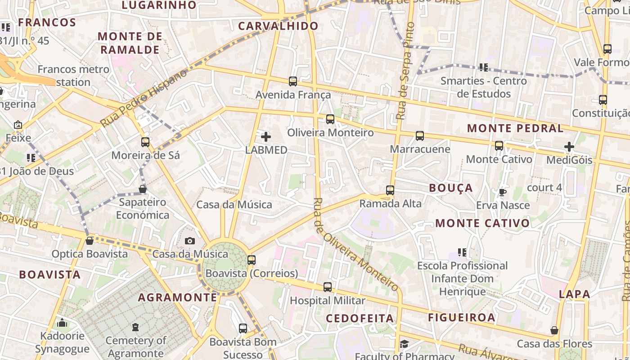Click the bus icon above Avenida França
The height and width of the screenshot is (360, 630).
293,81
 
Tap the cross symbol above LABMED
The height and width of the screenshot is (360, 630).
266,136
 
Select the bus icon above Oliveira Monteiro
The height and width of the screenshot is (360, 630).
330,119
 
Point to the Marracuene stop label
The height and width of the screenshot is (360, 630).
420,149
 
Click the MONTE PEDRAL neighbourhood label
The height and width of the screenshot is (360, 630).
515,128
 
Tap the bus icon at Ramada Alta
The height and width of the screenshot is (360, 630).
390,190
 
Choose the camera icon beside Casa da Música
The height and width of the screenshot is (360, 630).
190,241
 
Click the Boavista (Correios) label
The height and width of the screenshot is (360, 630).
252,273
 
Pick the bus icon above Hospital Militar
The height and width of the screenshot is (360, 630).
328,287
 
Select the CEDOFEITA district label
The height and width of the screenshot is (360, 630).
360,318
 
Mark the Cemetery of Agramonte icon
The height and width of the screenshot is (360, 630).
135,327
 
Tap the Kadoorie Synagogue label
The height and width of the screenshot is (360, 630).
62,342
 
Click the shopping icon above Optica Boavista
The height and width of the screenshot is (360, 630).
90,241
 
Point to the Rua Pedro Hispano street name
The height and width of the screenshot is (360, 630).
144,98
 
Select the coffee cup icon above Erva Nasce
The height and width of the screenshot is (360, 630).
503,193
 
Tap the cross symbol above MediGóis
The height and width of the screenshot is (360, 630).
569,147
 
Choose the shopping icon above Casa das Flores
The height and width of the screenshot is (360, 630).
554,331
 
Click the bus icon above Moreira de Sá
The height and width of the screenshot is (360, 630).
145,142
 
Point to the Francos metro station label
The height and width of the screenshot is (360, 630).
73,76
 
